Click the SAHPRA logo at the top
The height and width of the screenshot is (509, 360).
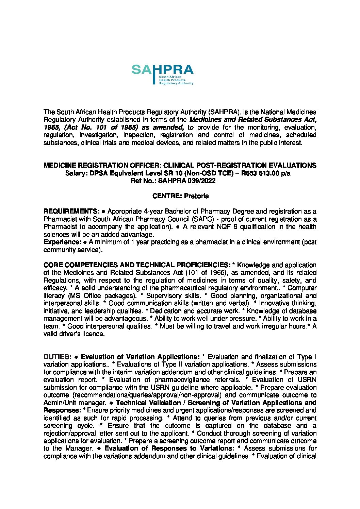(x=162, y=74)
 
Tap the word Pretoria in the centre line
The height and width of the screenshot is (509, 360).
(x=196, y=196)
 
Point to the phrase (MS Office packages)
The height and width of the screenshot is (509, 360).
(x=102, y=296)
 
